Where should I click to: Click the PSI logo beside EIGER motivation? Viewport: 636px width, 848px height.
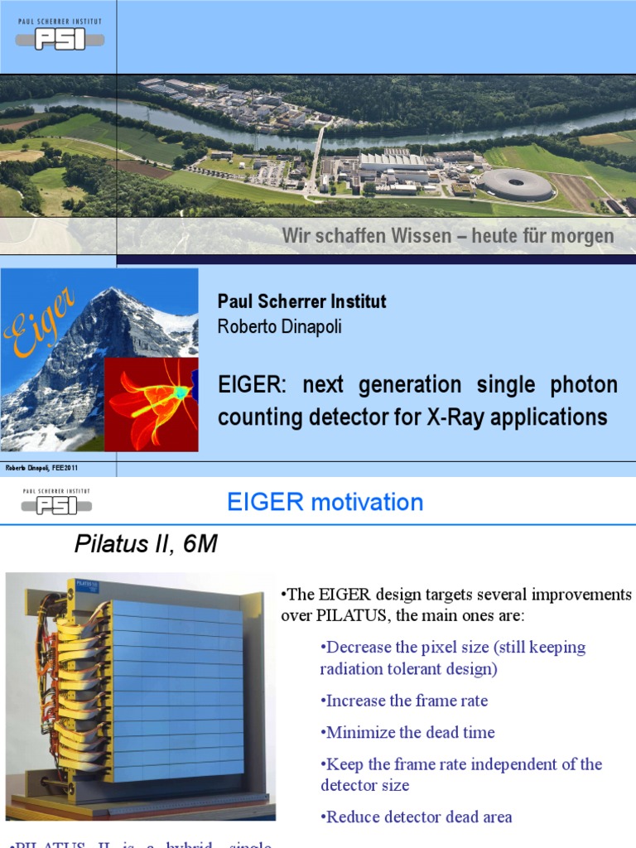(57, 502)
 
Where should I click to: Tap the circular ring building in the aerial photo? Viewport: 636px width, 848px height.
(517, 184)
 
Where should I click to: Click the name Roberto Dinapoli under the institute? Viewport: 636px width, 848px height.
(279, 327)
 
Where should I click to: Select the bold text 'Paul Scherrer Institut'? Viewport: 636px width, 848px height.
(301, 301)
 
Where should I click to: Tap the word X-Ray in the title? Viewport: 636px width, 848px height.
(450, 417)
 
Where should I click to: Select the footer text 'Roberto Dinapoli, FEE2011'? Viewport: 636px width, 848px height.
(41, 469)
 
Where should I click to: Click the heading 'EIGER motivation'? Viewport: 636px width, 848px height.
(325, 502)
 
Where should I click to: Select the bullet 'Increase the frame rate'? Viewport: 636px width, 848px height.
(404, 701)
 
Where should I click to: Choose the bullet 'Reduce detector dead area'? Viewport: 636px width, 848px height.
(416, 817)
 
